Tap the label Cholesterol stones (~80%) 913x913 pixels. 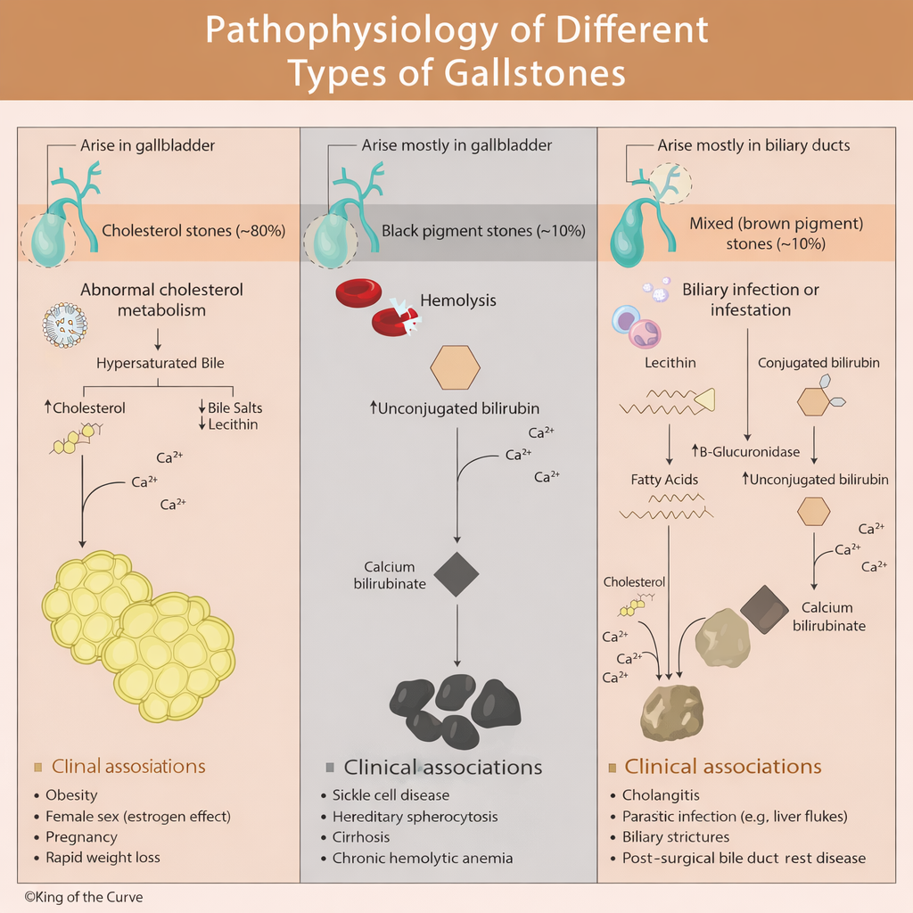pos(193,230)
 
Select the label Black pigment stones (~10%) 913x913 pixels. pos(483,231)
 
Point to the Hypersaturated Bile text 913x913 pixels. pos(160,363)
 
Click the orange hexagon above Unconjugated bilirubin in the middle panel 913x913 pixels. pos(455,366)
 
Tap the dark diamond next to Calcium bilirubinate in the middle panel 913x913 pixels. pos(456,574)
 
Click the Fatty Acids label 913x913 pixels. pos(664,480)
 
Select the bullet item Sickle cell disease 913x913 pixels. pos(391,794)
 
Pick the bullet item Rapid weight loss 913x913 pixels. pos(103,857)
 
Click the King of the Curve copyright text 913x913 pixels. pos(83,897)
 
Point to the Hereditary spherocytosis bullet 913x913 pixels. pos(415,816)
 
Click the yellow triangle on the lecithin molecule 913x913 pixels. pos(703,402)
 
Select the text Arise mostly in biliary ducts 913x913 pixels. pos(753,145)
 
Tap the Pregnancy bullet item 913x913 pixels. pos(81,836)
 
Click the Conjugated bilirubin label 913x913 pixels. pos(818,363)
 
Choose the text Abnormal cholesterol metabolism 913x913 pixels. pos(161,300)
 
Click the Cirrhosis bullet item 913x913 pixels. pos(361,836)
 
